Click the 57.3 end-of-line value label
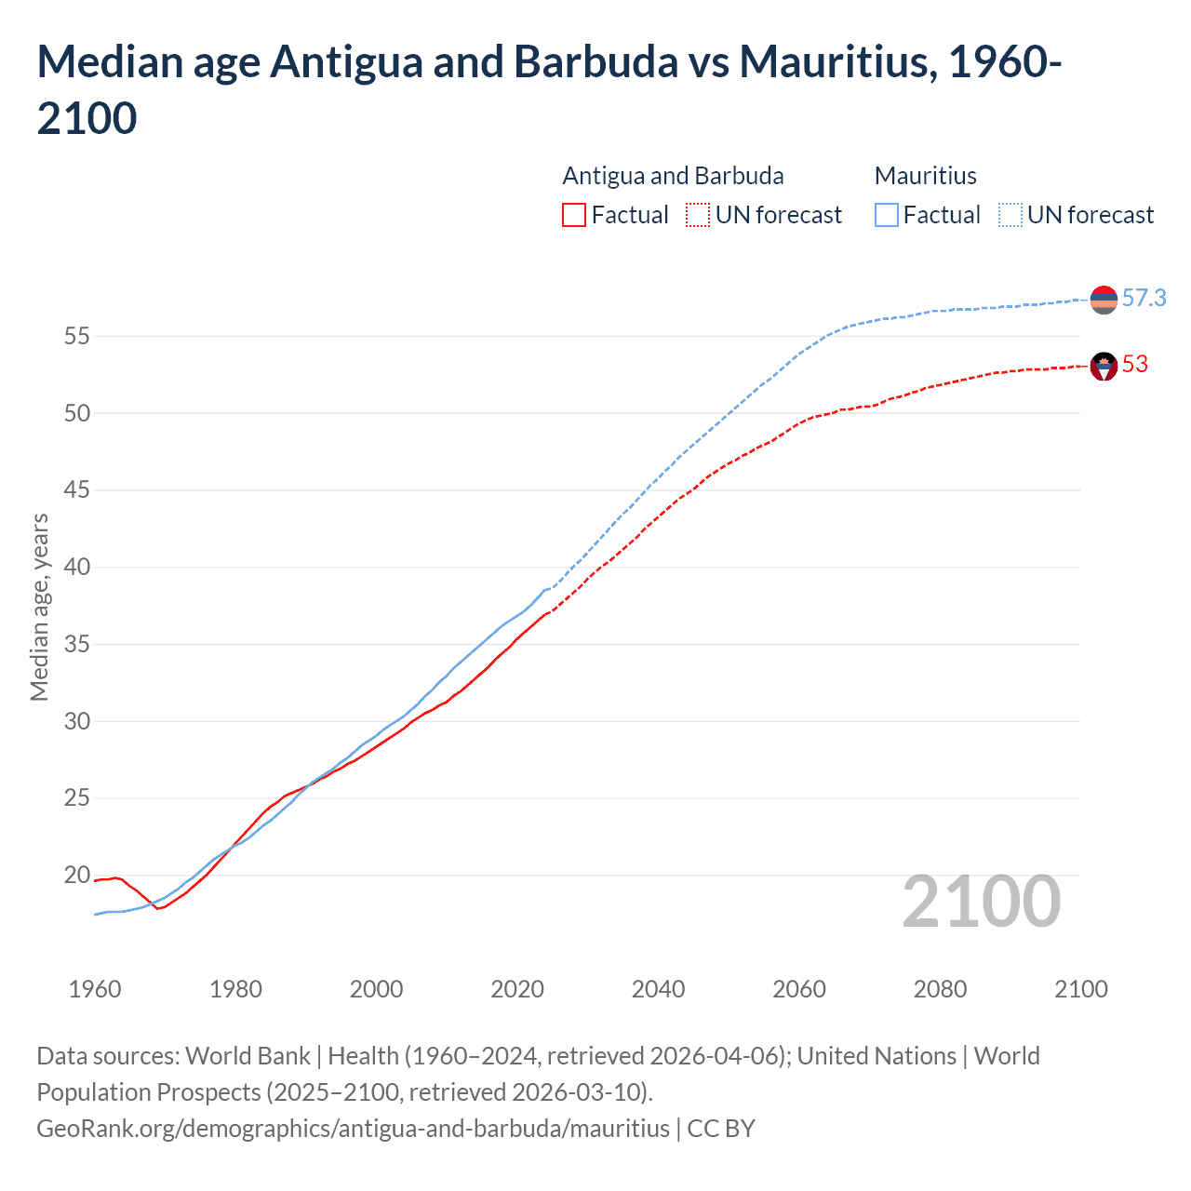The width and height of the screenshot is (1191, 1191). click(x=1144, y=298)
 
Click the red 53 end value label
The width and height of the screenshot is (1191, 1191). click(x=1134, y=364)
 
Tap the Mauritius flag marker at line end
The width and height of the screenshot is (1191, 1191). click(x=1104, y=300)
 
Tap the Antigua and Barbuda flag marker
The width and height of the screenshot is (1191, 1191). click(x=1104, y=367)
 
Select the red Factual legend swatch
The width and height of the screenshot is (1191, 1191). click(x=574, y=215)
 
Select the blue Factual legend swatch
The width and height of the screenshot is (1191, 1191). click(x=886, y=215)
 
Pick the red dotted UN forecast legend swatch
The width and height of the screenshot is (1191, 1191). click(x=698, y=215)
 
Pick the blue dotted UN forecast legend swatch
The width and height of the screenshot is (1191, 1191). click(x=1010, y=215)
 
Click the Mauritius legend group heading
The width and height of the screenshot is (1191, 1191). click(x=925, y=176)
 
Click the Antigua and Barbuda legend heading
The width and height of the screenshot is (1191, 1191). click(x=673, y=176)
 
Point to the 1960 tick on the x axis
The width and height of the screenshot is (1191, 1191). click(x=95, y=988)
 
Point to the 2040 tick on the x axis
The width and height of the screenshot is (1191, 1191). click(x=658, y=988)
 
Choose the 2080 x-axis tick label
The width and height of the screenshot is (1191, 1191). click(x=940, y=988)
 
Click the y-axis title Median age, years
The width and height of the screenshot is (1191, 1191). click(x=39, y=607)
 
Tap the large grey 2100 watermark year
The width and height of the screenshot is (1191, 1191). click(x=981, y=901)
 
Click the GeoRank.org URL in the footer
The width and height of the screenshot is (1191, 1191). click(x=353, y=1129)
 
